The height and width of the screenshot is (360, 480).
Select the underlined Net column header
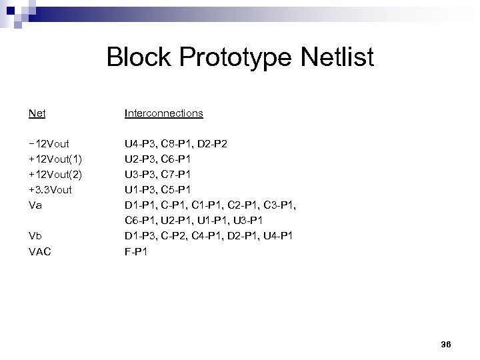(37, 113)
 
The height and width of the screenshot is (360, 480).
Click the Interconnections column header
(163, 113)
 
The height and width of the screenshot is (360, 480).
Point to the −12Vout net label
(50, 144)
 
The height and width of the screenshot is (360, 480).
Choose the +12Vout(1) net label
(55, 159)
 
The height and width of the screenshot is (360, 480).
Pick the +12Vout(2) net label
(55, 175)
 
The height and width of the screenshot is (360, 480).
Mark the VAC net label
(41, 252)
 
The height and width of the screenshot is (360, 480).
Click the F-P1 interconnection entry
(136, 252)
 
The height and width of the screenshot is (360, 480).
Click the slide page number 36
(446, 344)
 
